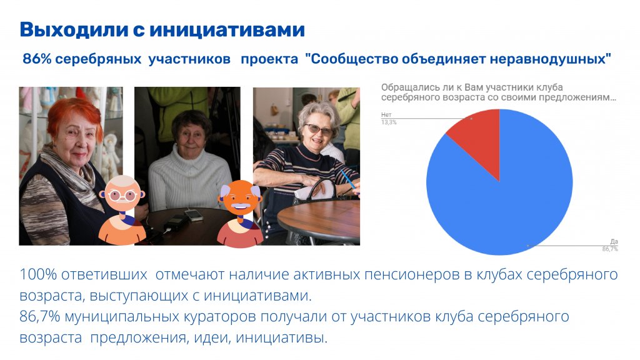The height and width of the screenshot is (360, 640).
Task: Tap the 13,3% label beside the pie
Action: [389, 122]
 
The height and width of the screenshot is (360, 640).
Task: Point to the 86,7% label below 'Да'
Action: [610, 249]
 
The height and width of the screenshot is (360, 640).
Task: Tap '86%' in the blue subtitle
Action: [37, 59]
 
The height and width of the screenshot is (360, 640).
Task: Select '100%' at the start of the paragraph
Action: [38, 275]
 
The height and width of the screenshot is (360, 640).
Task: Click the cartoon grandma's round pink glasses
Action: [122, 196]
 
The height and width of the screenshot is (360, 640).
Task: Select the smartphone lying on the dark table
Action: [194, 215]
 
